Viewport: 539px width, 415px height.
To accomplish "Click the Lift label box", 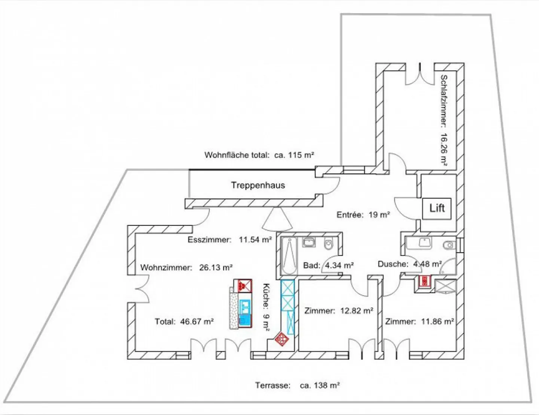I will click(x=437, y=208).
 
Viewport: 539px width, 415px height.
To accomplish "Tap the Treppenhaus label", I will click(x=258, y=185).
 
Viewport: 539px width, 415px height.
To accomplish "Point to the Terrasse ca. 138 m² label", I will click(x=297, y=385).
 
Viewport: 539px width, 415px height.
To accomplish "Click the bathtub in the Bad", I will click(x=289, y=255).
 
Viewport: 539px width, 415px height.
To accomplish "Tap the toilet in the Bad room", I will click(x=328, y=244).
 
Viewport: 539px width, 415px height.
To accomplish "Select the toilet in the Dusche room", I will click(x=448, y=246).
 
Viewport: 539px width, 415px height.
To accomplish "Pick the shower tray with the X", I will click(x=445, y=287).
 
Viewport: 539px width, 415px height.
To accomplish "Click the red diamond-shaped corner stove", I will click(x=282, y=339).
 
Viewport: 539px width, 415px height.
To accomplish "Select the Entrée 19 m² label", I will click(x=363, y=215).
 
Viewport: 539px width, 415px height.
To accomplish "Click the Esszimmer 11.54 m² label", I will click(x=229, y=240).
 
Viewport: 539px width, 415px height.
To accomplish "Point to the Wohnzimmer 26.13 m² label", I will click(x=186, y=267).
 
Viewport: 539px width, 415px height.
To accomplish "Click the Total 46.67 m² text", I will click(x=184, y=321).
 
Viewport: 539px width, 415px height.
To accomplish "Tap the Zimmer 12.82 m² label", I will click(x=339, y=311).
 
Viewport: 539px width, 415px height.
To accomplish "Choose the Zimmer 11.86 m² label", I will click(x=420, y=321).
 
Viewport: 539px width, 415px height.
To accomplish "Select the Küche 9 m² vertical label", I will click(x=266, y=307).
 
